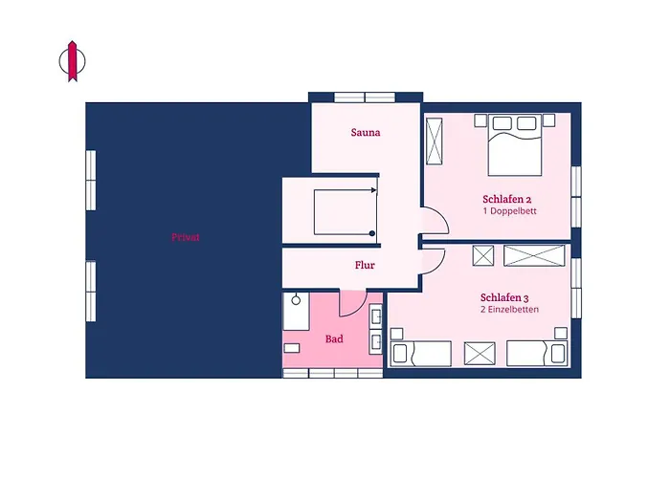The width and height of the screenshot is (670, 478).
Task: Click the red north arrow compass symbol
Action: (x=72, y=61)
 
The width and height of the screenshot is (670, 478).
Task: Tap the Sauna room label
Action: (x=366, y=132)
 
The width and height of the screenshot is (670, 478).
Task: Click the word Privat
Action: (x=186, y=237)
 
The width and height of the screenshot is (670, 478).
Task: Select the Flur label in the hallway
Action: (x=365, y=265)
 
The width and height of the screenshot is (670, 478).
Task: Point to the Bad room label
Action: (x=334, y=338)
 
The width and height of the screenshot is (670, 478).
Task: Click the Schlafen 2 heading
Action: (x=506, y=199)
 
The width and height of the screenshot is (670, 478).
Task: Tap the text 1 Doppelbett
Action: (x=509, y=211)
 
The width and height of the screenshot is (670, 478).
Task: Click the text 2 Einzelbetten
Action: (x=509, y=310)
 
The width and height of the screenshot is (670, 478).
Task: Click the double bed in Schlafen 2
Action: (x=515, y=144)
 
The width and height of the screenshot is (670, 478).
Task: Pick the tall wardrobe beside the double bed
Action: (x=435, y=141)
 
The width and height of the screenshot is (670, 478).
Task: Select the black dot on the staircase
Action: (x=372, y=233)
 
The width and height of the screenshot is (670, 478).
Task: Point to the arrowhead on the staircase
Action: (x=374, y=190)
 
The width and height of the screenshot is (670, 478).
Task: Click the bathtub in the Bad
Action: (x=296, y=311)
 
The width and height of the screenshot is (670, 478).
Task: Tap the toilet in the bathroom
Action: (x=291, y=348)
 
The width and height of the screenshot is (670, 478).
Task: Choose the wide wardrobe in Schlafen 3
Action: (x=534, y=255)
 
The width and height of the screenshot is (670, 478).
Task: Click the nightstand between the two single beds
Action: (x=480, y=354)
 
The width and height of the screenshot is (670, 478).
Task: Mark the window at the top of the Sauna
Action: (x=365, y=98)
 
